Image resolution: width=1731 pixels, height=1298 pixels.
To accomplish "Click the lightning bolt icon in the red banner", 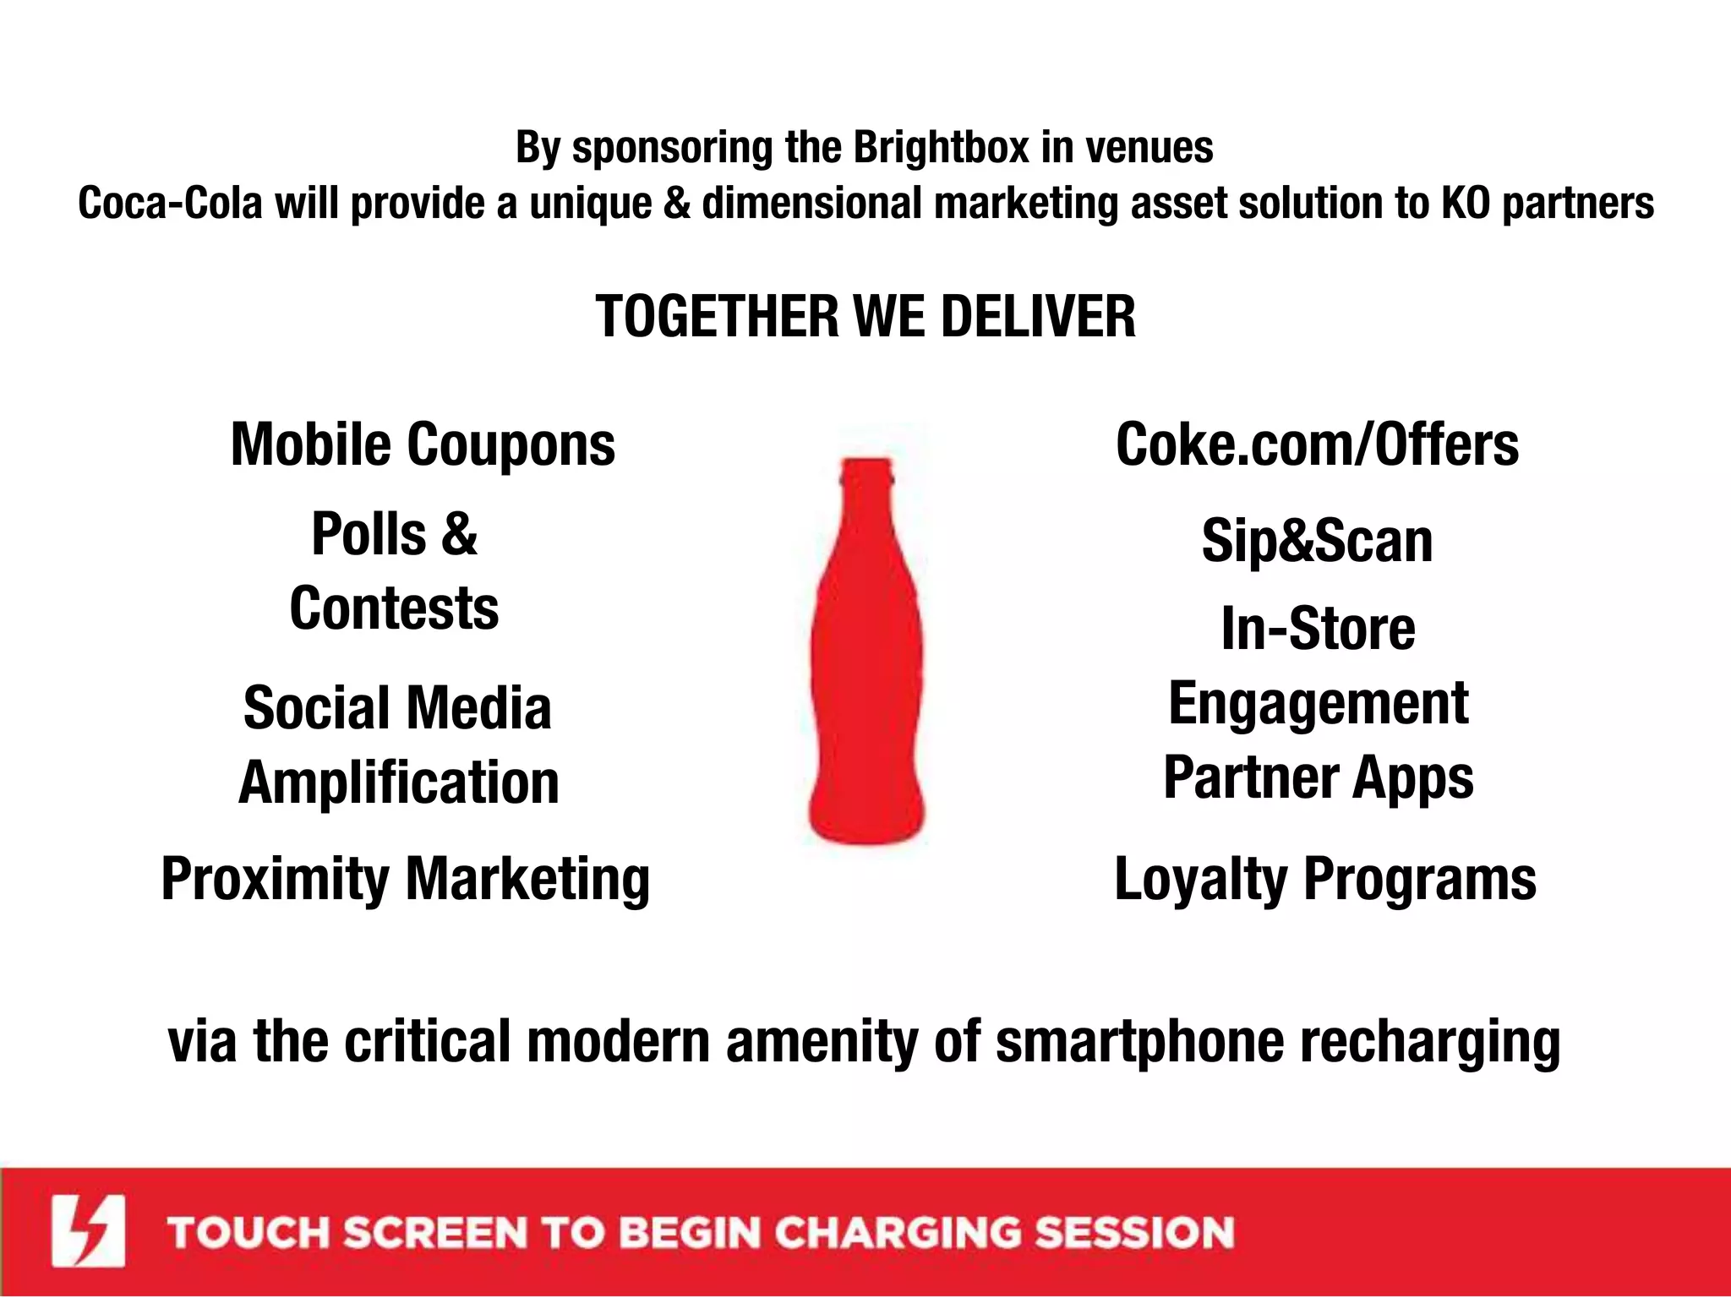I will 88,1231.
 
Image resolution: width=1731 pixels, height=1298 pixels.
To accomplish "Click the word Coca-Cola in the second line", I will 170,204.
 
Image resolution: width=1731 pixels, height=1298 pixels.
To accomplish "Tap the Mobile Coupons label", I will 423,445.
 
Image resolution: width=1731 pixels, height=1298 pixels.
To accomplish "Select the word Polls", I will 369,534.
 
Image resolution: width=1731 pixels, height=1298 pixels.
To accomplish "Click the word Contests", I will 394,608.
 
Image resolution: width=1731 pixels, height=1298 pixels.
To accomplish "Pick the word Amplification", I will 399,783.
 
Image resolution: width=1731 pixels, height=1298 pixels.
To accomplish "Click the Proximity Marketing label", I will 406,880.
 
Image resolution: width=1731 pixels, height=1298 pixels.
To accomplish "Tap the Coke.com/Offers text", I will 1317,445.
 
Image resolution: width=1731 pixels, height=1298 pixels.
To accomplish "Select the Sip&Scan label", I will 1317,541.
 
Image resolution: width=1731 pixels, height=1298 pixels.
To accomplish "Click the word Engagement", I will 1318,704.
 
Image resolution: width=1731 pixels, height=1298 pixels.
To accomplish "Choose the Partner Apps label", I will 1318,778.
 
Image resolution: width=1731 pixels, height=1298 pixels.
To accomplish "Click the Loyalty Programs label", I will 1324,880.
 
